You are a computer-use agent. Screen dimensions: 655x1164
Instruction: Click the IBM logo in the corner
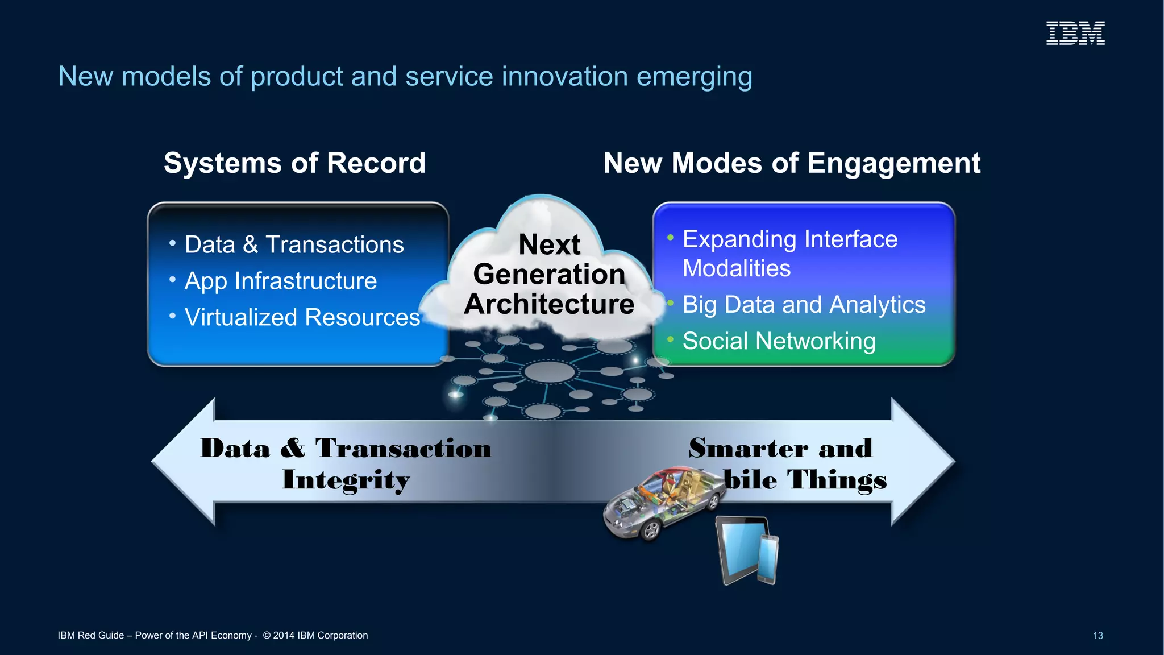pos(1075,33)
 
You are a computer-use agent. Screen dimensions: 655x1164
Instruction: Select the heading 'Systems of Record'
pos(294,163)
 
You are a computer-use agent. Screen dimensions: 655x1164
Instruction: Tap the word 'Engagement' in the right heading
pos(893,164)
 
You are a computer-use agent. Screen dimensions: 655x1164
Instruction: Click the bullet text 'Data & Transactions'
pos(294,244)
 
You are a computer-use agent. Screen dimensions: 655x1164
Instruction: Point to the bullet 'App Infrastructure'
pos(280,281)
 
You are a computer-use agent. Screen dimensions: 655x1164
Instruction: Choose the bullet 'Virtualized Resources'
pos(302,317)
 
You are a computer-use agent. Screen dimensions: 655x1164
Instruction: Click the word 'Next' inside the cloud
pos(549,244)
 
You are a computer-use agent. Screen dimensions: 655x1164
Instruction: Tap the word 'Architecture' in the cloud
pos(549,304)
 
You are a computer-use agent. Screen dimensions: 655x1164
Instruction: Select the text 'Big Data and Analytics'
pos(804,305)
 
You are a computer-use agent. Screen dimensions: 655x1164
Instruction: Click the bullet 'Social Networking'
pos(779,341)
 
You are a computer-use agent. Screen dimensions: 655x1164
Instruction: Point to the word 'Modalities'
pos(736,268)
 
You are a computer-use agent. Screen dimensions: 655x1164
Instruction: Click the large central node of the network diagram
pos(549,372)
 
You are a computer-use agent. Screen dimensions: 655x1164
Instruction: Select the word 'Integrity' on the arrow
pos(346,480)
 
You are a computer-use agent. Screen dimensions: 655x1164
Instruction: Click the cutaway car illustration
pos(662,503)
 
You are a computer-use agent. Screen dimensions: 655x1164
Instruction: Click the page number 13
pos(1098,635)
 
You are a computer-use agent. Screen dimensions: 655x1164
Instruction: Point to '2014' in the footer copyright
pos(283,635)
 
